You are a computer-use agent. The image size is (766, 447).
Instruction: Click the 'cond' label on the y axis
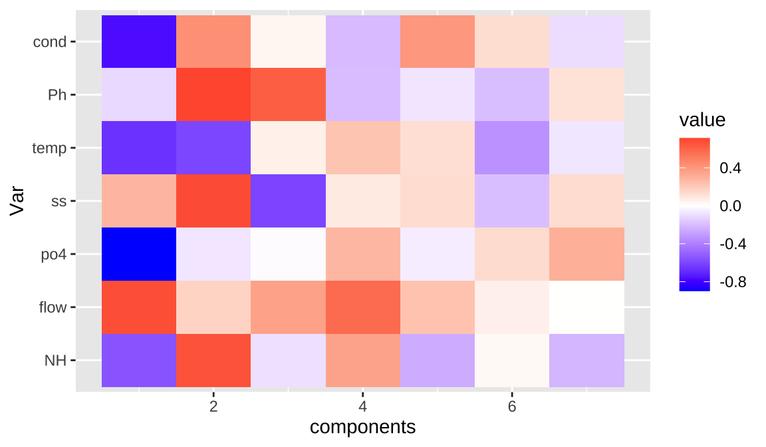pyautogui.click(x=49, y=42)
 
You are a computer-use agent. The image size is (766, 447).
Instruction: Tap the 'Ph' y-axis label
pyautogui.click(x=57, y=94)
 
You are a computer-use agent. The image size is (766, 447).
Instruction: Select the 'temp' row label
pyautogui.click(x=49, y=148)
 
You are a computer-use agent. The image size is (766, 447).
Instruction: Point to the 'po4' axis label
pyautogui.click(x=54, y=254)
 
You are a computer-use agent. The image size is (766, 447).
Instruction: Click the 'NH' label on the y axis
pyautogui.click(x=55, y=361)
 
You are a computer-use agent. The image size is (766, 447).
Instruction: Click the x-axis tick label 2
pyautogui.click(x=213, y=406)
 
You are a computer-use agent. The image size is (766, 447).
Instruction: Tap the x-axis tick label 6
pyautogui.click(x=512, y=406)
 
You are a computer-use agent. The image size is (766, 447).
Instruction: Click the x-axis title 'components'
pyautogui.click(x=362, y=426)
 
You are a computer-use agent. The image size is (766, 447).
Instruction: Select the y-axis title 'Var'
pyautogui.click(x=18, y=201)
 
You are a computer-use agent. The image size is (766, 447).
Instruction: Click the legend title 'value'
pyautogui.click(x=702, y=120)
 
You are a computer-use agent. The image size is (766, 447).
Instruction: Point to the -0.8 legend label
pyautogui.click(x=733, y=282)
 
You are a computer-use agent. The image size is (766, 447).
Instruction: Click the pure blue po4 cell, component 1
pyautogui.click(x=139, y=254)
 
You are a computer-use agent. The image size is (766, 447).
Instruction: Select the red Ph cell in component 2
pyautogui.click(x=213, y=94)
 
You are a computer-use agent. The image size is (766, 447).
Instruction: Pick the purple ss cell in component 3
pyautogui.click(x=288, y=201)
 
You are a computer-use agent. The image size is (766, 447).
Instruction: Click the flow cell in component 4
pyautogui.click(x=362, y=307)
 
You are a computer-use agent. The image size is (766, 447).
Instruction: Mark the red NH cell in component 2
pyautogui.click(x=213, y=361)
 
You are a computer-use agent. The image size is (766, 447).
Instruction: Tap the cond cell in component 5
pyautogui.click(x=438, y=42)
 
